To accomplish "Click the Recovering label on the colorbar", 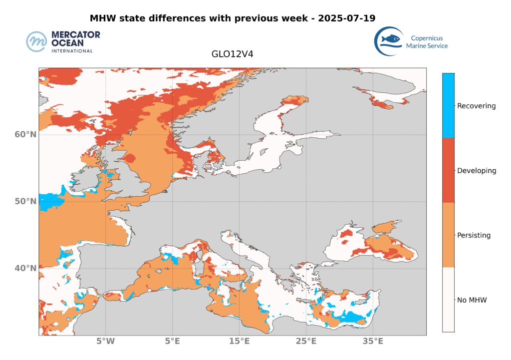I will point(477,106).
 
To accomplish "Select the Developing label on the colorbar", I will point(477,171).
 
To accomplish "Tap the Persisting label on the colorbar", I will point(474,235).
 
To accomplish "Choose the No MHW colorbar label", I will point(472,300).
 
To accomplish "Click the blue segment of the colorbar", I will point(449,105).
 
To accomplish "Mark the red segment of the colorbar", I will point(449,170).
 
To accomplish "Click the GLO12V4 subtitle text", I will point(233,54).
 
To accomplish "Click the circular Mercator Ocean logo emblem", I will point(37,42).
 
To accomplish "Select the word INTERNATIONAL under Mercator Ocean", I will point(72,51).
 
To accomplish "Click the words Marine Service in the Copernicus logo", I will point(427,46).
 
